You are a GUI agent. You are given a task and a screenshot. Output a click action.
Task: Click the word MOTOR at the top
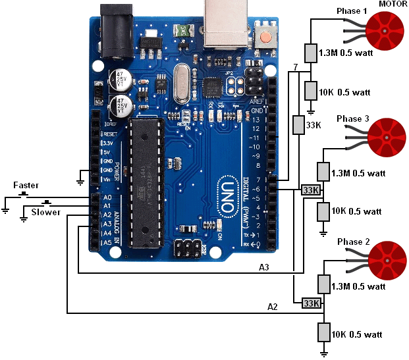[393, 5]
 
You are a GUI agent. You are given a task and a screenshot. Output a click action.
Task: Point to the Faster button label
[26, 185]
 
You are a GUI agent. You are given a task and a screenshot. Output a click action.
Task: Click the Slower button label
[46, 212]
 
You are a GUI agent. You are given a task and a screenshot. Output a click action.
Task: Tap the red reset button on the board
[266, 37]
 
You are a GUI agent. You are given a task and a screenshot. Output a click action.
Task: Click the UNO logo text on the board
[226, 193]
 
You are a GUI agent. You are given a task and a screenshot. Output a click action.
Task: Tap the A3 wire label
[263, 267]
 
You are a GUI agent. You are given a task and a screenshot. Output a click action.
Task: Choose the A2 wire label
[272, 306]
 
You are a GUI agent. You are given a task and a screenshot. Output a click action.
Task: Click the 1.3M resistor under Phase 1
[311, 53]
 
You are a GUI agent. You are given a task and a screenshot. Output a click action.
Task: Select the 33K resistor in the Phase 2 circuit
[310, 303]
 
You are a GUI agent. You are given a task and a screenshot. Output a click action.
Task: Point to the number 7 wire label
[296, 68]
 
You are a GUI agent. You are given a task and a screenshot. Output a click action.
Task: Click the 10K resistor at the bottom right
[323, 332]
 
